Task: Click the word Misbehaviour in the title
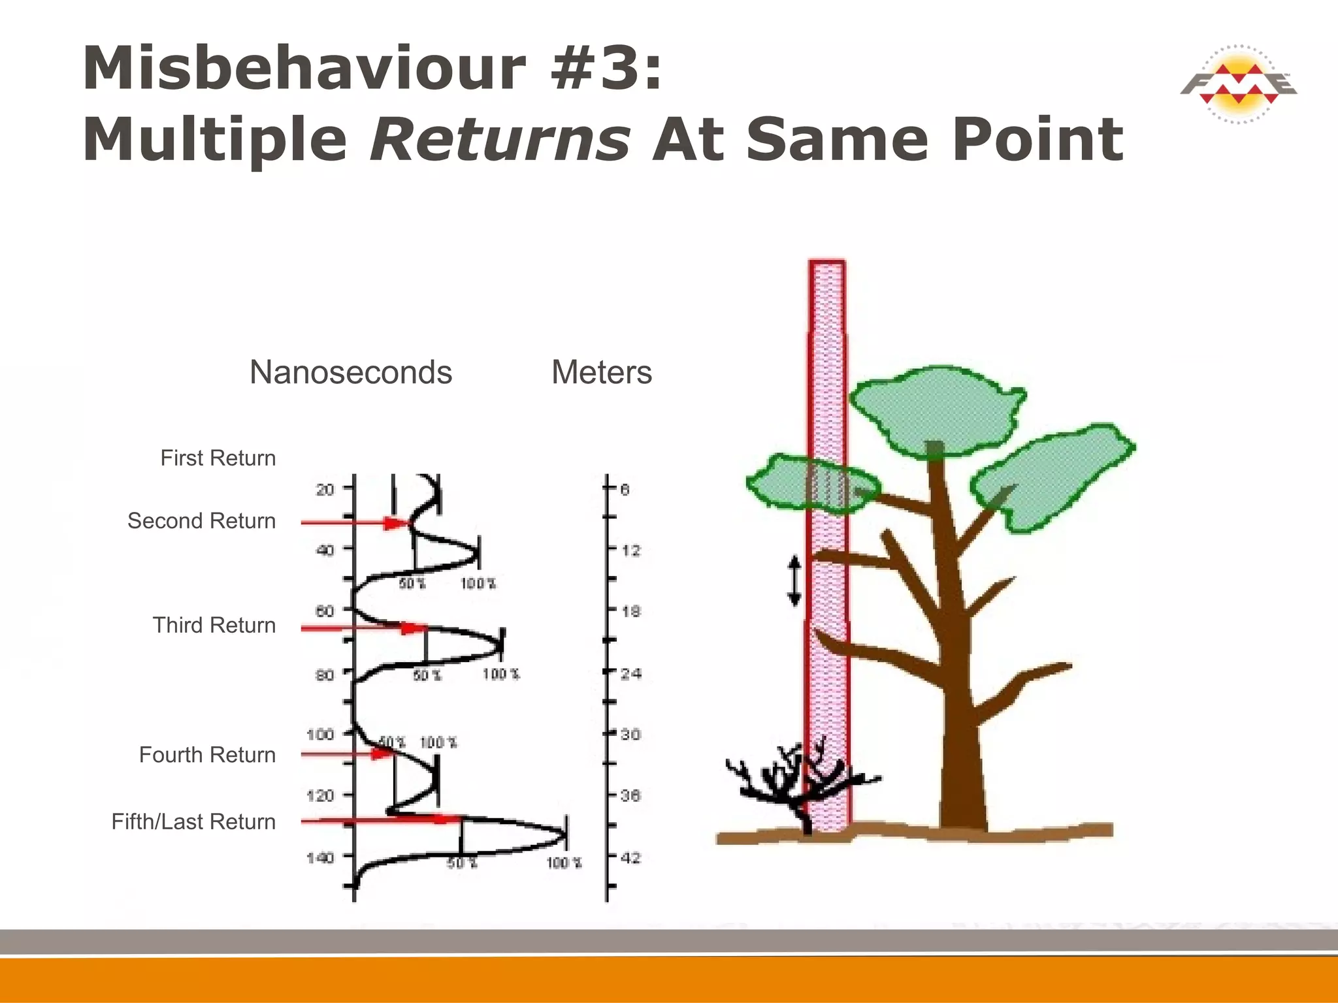304,69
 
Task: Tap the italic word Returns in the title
500,139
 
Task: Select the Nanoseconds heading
351,373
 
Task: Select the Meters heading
602,373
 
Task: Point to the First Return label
218,458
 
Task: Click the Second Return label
201,521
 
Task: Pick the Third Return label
214,626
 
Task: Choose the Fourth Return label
207,755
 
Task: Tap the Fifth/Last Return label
193,821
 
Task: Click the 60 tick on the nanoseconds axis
325,611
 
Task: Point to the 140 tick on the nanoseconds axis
320,857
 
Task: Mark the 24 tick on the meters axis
630,673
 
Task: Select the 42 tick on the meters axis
630,857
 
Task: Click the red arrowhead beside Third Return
412,628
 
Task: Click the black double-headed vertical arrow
794,580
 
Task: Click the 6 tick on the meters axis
625,489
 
